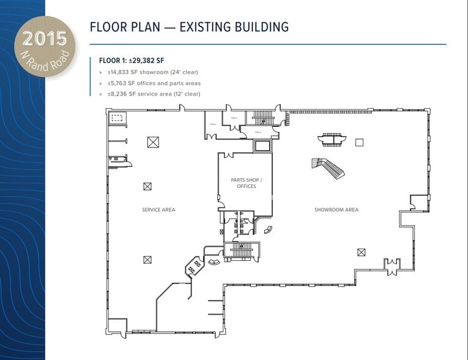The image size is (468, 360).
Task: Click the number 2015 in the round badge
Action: [44, 39]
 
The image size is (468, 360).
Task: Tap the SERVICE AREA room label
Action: [158, 210]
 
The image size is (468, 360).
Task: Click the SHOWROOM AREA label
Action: [336, 210]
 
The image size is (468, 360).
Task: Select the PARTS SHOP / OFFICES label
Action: [247, 183]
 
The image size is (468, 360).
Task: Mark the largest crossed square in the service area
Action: [153, 142]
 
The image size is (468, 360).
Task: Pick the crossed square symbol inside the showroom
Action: [361, 252]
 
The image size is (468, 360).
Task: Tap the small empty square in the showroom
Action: [360, 142]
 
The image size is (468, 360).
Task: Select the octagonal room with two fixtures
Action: [195, 267]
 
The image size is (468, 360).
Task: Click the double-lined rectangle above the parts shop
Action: [262, 146]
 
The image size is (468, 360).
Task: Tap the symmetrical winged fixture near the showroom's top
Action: [332, 139]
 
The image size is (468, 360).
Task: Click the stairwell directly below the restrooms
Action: [242, 250]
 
